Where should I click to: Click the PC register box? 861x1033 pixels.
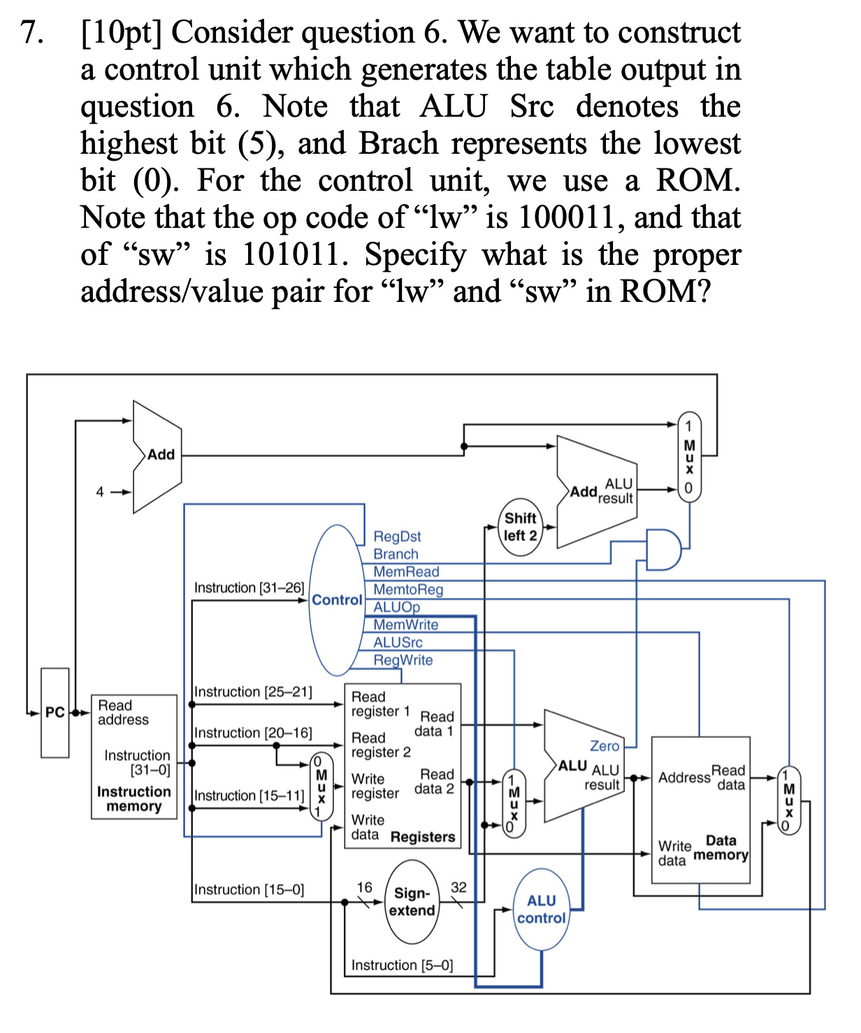pos(55,712)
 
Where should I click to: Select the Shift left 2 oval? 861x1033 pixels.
pos(521,527)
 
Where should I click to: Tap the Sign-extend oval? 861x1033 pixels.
pos(412,902)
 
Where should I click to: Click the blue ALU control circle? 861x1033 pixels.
pos(541,909)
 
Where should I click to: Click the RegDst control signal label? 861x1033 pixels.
pos(397,536)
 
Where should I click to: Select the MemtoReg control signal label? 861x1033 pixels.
pos(408,589)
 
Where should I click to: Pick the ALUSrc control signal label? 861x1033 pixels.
pos(398,642)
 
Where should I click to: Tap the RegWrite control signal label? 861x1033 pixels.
pos(403,660)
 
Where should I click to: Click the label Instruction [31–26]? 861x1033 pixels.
pos(249,588)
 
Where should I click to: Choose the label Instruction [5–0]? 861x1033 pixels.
pos(402,965)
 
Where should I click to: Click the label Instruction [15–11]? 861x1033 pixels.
pos(249,795)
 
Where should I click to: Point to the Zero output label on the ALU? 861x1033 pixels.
pos(605,746)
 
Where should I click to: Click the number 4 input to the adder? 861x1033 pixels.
pos(100,491)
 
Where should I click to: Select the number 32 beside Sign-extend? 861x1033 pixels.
pos(458,887)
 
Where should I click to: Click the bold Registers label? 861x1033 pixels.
pos(423,837)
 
